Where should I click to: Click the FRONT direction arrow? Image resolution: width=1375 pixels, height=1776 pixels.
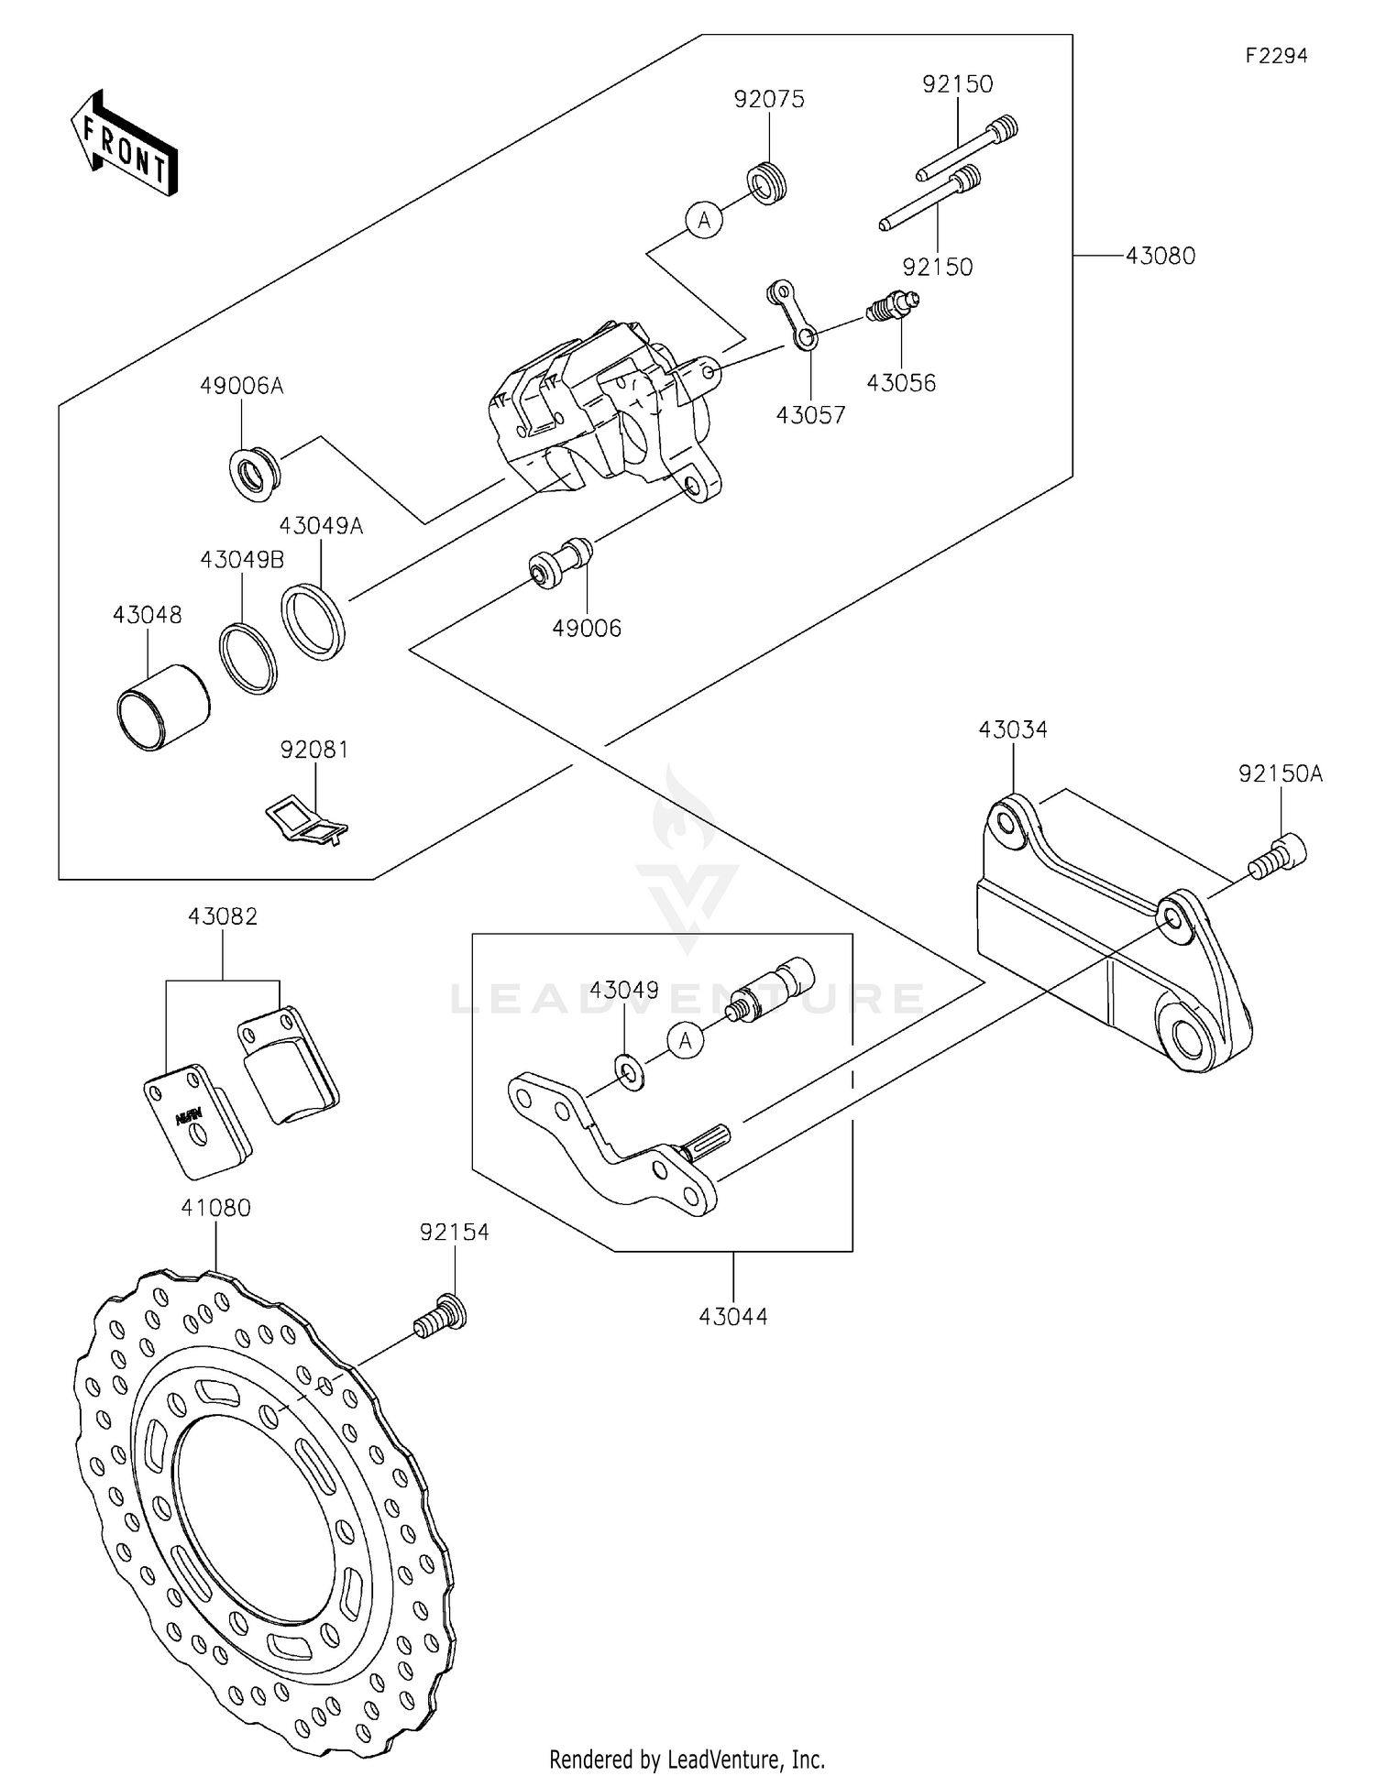(x=124, y=144)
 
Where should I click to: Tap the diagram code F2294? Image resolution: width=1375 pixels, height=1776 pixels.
(x=1276, y=56)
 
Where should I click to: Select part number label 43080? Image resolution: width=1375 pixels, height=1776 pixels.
(x=1160, y=257)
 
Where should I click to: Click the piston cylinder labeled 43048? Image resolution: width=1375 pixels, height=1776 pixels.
(x=163, y=707)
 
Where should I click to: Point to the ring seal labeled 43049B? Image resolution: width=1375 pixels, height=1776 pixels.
(x=248, y=658)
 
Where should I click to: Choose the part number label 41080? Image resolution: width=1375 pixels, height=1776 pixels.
(x=215, y=1209)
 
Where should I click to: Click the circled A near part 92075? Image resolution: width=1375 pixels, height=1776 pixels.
(x=704, y=220)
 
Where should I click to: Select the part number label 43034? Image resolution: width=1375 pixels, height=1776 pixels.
(x=1013, y=730)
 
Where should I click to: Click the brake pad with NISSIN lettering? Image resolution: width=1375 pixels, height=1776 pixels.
(x=196, y=1121)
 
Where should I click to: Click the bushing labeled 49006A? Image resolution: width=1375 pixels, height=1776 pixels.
(x=254, y=474)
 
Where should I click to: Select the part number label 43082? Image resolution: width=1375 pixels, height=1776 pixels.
(x=223, y=916)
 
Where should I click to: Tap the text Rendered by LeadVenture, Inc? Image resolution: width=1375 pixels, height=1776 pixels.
(x=687, y=1759)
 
